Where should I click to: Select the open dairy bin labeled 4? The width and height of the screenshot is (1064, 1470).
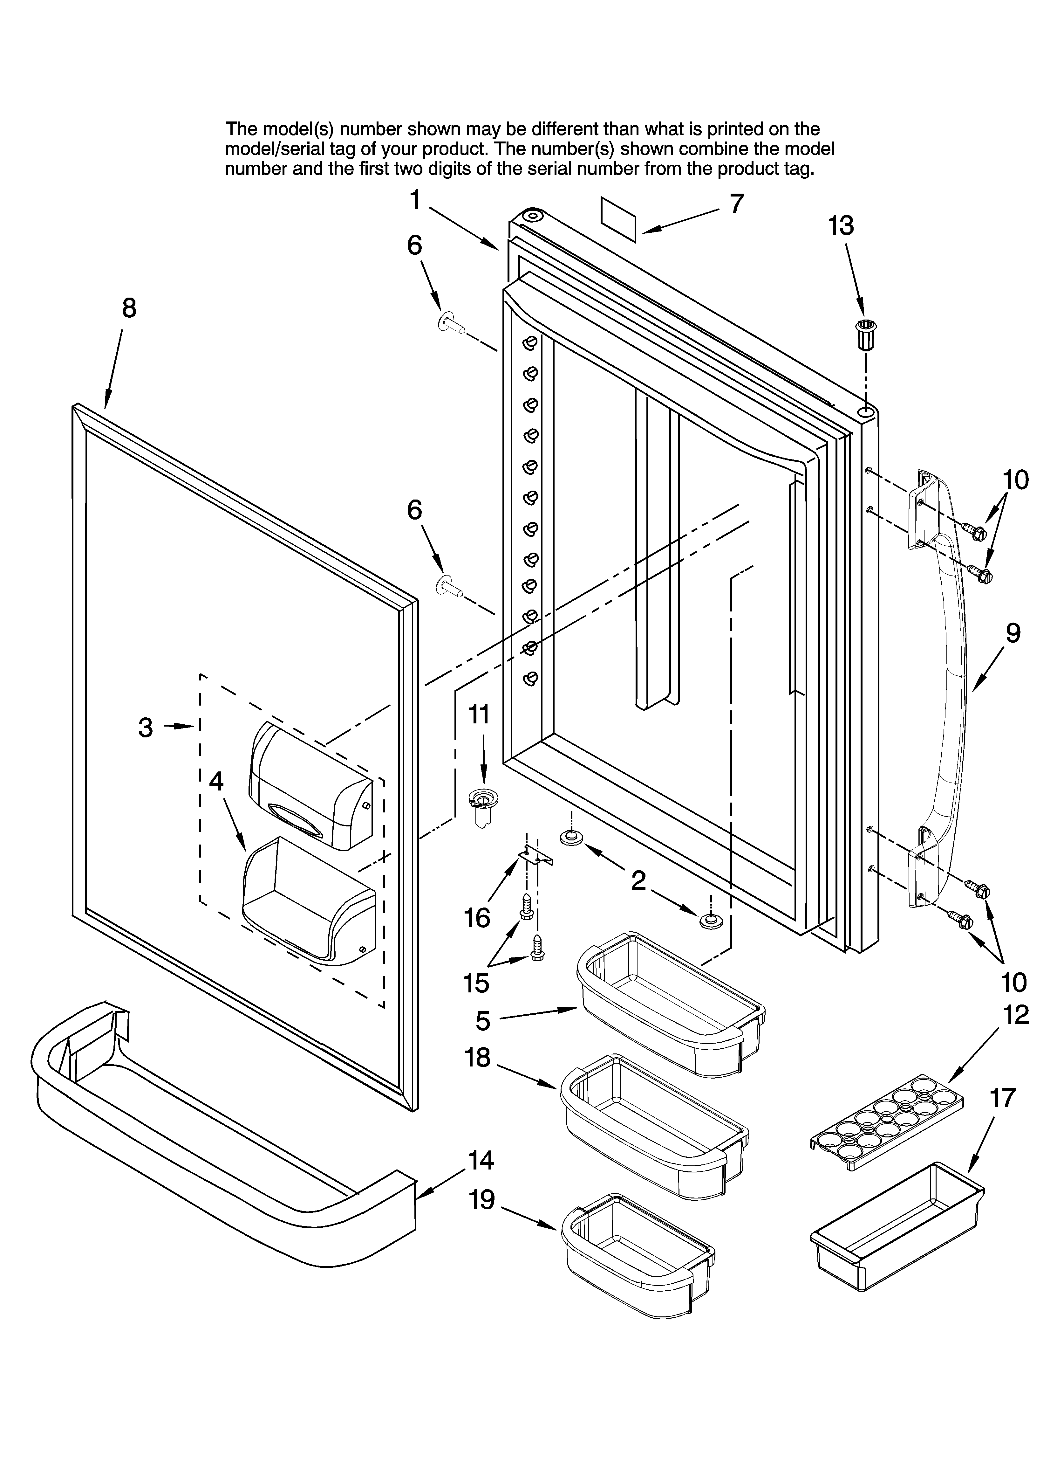tap(308, 904)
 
